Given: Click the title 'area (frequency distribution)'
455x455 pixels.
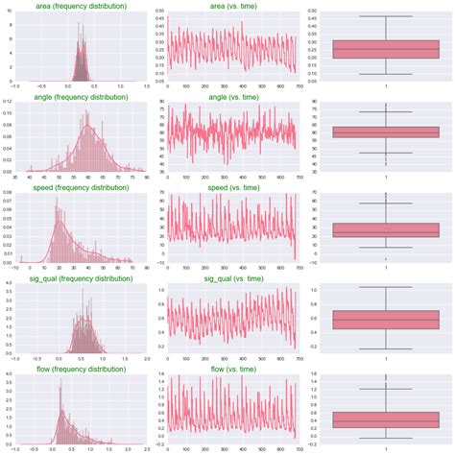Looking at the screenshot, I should point(81,6).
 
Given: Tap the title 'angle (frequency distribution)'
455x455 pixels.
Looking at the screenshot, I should point(81,97).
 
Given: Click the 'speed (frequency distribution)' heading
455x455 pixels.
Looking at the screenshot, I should point(81,188).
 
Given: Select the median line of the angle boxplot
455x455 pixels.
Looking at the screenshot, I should point(385,132).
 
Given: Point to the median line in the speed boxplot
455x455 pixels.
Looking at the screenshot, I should point(385,231).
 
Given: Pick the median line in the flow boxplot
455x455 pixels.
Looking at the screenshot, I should point(385,420).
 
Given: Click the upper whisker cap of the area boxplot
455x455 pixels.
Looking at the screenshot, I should point(385,16).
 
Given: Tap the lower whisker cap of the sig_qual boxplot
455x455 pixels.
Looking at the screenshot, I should point(385,348).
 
